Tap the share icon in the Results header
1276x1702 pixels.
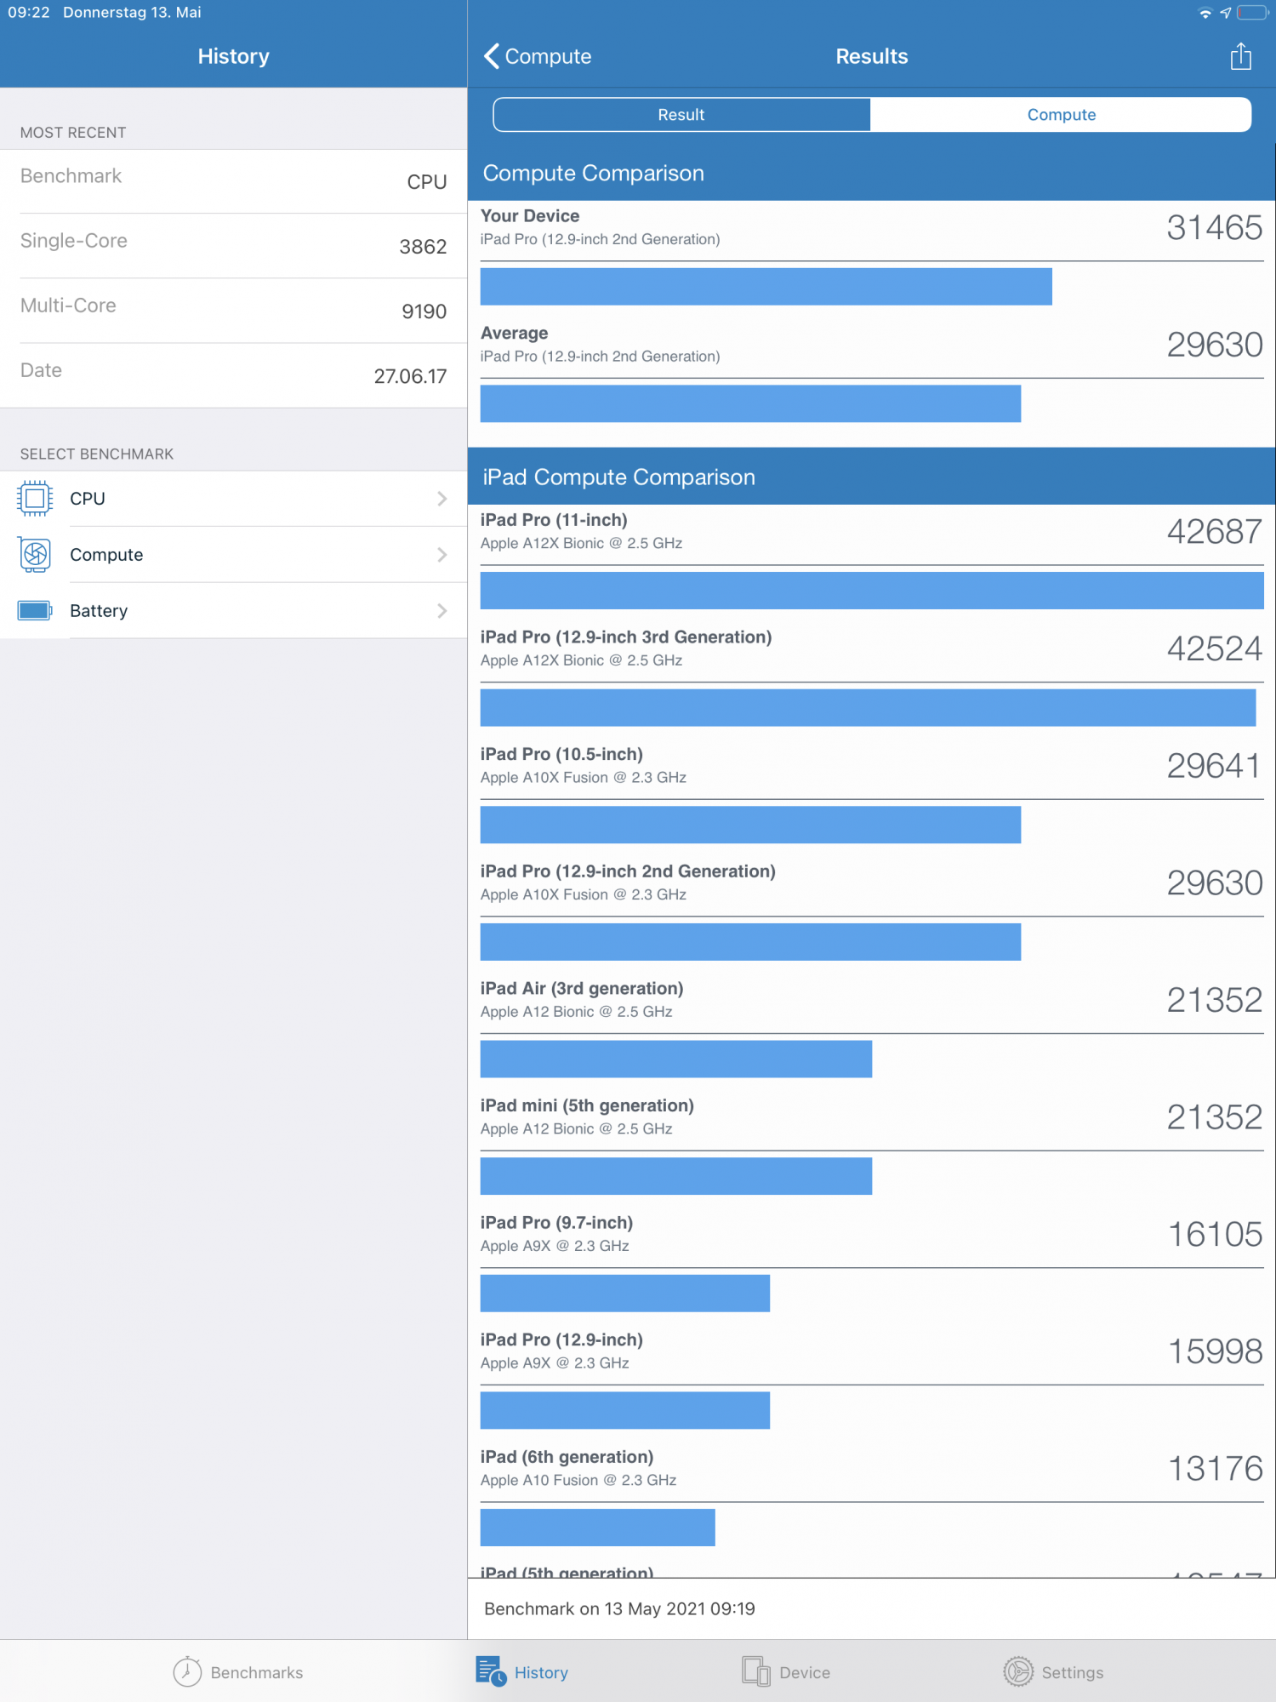click(x=1240, y=56)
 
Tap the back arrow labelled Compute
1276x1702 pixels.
click(x=538, y=56)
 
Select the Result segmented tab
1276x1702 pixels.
click(x=681, y=115)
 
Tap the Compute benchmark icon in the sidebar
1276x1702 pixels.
click(x=35, y=555)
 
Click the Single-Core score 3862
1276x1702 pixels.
click(x=423, y=247)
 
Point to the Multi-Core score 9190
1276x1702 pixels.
click(x=424, y=311)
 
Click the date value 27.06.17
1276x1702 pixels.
click(x=410, y=376)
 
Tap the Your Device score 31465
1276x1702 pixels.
click(x=1214, y=228)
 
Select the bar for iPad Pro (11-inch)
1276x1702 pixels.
click(x=871, y=591)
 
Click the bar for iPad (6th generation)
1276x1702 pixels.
click(x=597, y=1528)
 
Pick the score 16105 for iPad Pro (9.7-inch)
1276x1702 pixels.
click(x=1215, y=1235)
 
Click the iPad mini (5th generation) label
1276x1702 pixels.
click(x=587, y=1105)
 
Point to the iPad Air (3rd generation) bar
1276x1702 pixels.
click(x=675, y=1059)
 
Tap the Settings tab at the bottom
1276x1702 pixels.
click(x=1053, y=1672)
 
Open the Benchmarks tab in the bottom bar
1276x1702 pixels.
click(x=238, y=1672)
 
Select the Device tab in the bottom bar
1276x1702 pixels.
click(x=786, y=1672)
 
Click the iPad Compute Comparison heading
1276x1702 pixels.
click(x=618, y=477)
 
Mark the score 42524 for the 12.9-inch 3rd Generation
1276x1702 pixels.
click(x=1214, y=649)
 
